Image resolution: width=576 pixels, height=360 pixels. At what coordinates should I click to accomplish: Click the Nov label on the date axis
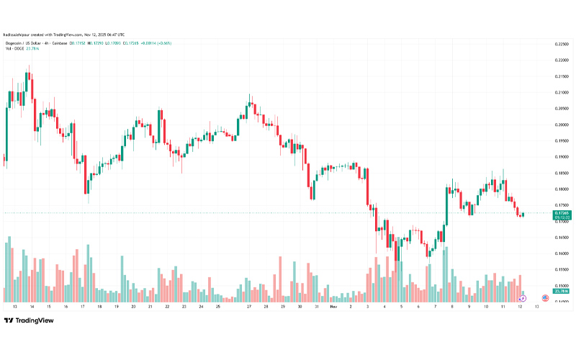(x=333, y=306)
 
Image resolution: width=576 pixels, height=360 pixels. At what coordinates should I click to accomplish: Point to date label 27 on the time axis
(x=249, y=306)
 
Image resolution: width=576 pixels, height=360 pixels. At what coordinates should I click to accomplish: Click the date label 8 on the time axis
(x=452, y=306)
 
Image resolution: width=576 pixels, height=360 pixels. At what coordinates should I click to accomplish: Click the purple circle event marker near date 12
(x=523, y=297)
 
